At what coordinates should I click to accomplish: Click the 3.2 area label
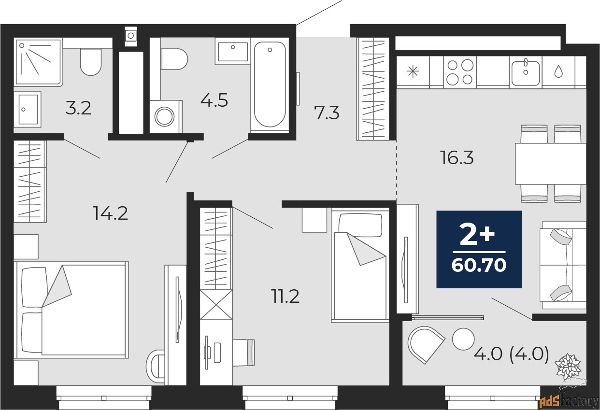[x=78, y=108]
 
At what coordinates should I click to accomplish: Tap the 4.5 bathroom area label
[x=214, y=101]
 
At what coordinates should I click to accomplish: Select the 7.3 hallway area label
[x=327, y=113]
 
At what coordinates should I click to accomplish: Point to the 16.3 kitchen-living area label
[x=457, y=158]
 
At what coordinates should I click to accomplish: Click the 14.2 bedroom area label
[x=111, y=212]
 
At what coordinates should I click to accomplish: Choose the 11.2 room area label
[x=285, y=297]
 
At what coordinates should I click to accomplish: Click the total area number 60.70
[x=479, y=265]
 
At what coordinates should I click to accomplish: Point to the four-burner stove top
[x=459, y=72]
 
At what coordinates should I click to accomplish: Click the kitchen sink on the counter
[x=525, y=72]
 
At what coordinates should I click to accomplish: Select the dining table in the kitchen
[x=550, y=164]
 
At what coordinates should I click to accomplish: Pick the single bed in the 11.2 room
[x=360, y=266]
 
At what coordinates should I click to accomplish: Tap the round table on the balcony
[x=463, y=339]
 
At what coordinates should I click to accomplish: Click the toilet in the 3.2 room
[x=91, y=62]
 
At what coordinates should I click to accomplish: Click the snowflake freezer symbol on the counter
[x=413, y=72]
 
